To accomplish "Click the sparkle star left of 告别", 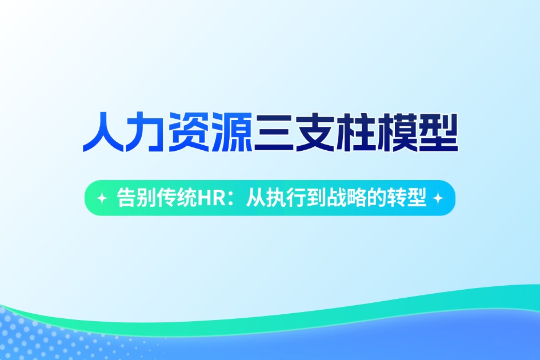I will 102,198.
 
